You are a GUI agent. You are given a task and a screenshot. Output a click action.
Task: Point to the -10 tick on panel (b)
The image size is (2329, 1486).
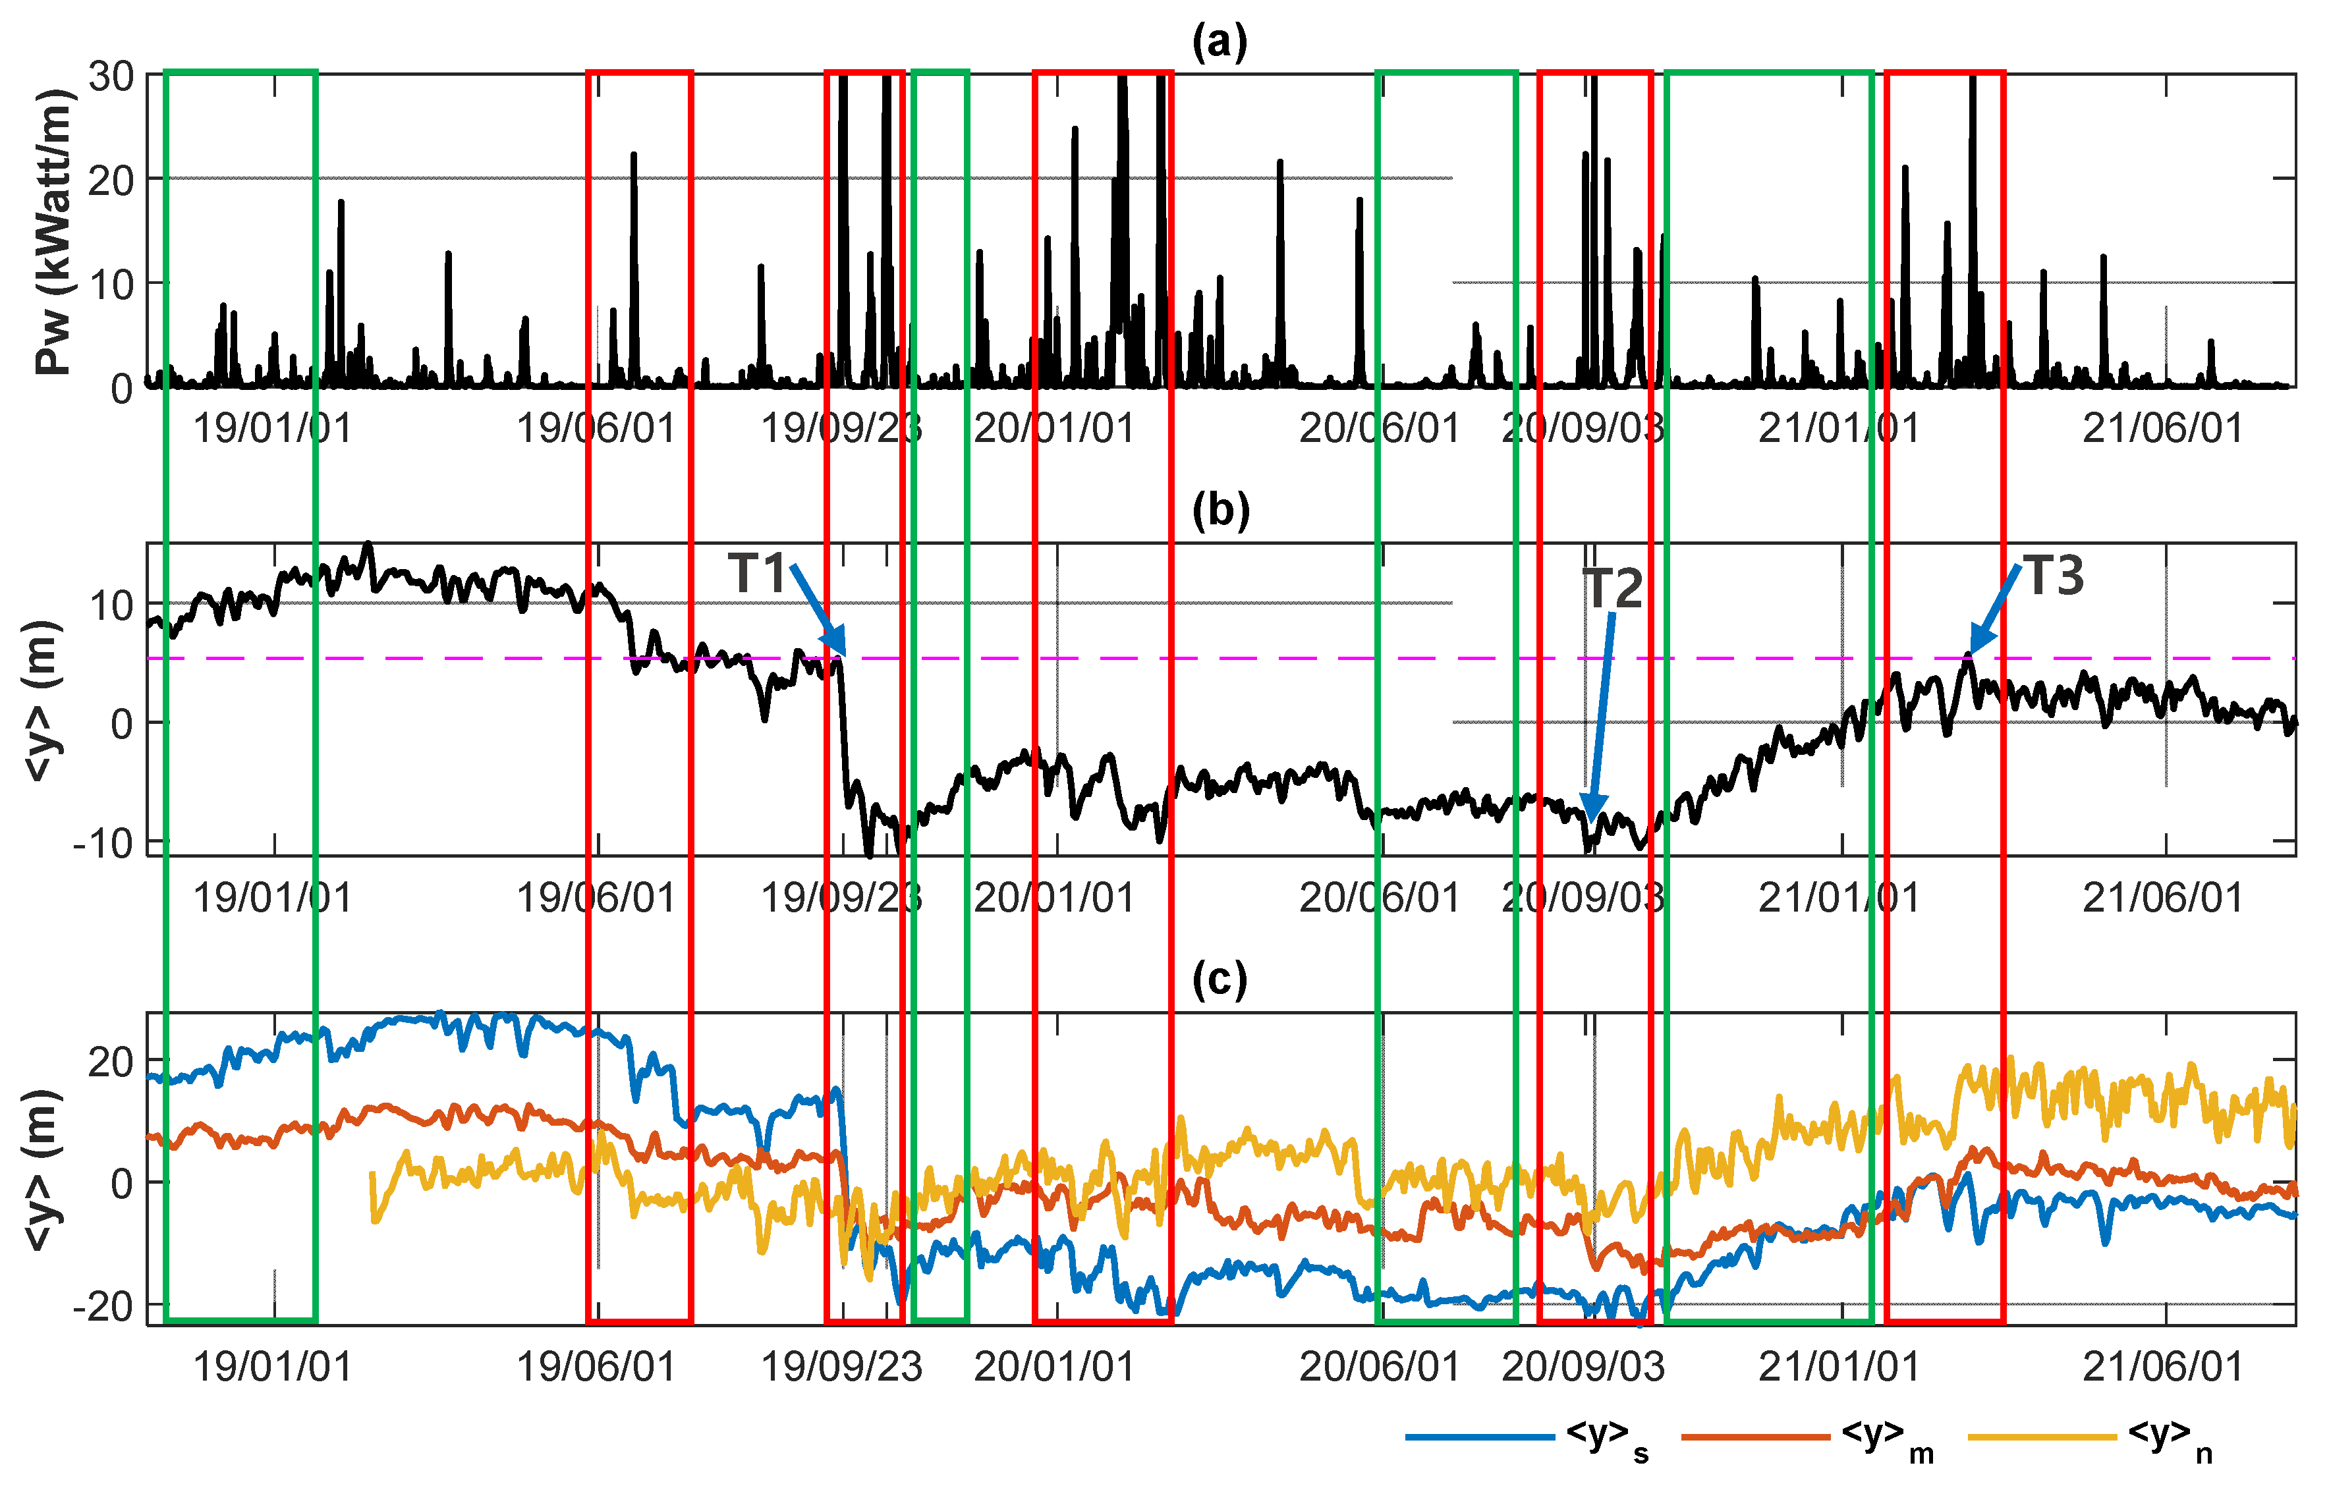click(103, 843)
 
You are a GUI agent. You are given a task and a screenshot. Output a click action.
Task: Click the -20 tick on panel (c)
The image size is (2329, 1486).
click(103, 1306)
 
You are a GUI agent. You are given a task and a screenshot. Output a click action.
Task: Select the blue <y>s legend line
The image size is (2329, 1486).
click(1480, 1437)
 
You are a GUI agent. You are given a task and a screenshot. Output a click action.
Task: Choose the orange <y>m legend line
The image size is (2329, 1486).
click(1755, 1437)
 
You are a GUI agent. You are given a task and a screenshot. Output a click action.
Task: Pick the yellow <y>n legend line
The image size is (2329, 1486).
click(2042, 1437)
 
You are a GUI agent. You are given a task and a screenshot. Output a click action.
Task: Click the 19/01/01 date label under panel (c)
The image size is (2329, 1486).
click(273, 1367)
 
